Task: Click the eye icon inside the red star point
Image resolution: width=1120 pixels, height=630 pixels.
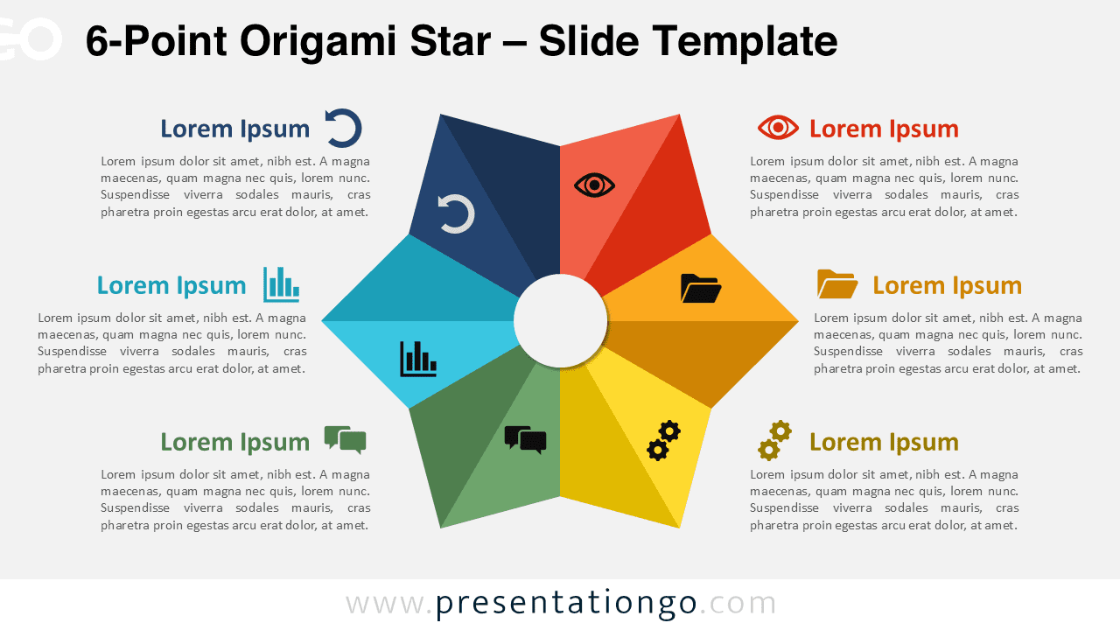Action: pyautogui.click(x=595, y=185)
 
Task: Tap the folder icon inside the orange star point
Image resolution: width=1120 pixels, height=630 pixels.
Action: pyautogui.click(x=701, y=288)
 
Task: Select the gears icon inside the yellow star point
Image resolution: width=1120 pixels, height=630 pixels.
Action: pyautogui.click(x=663, y=440)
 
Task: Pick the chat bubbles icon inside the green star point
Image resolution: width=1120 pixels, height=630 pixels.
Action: pyautogui.click(x=525, y=439)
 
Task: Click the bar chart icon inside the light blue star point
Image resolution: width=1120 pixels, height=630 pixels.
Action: pyautogui.click(x=418, y=359)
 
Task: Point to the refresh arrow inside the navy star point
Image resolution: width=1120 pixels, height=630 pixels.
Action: pyautogui.click(x=456, y=214)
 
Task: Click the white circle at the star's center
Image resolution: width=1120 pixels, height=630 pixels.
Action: pyautogui.click(x=560, y=321)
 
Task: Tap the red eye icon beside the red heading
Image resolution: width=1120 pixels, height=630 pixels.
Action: pyautogui.click(x=778, y=128)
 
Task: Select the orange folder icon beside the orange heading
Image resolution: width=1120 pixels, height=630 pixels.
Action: pyautogui.click(x=837, y=284)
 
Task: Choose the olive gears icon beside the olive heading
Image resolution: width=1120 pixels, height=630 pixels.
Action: pyautogui.click(x=774, y=440)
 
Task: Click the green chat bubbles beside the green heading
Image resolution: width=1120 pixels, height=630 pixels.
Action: pyautogui.click(x=345, y=439)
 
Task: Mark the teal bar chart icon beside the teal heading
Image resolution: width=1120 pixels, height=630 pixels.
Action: pyautogui.click(x=281, y=284)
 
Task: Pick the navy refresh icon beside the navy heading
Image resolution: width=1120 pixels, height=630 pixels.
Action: pyautogui.click(x=343, y=129)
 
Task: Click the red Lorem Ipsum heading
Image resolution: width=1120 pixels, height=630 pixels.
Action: pyautogui.click(x=884, y=129)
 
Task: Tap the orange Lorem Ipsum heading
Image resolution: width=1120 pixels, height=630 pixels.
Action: pyautogui.click(x=947, y=285)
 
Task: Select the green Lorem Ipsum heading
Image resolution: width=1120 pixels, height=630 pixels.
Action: pyautogui.click(x=234, y=442)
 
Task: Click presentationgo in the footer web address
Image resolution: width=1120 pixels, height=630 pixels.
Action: pyautogui.click(x=566, y=603)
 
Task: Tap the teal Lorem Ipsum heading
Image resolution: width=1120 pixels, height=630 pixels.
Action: pyautogui.click(x=171, y=285)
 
